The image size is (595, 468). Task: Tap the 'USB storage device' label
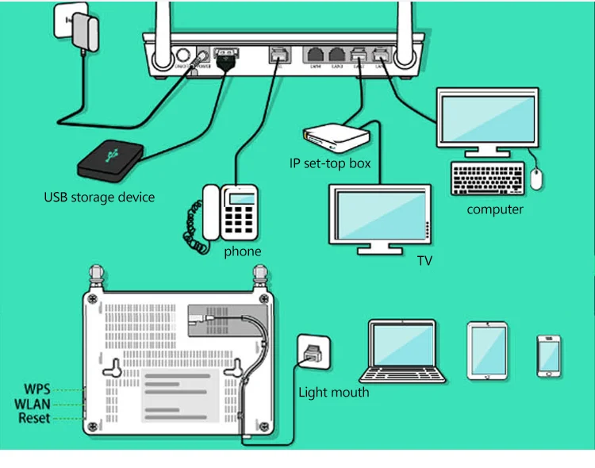(x=99, y=197)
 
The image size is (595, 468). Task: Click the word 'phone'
(x=242, y=251)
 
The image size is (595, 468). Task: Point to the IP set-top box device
(x=337, y=137)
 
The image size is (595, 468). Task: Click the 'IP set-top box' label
(x=331, y=164)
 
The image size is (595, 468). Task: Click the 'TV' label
(x=424, y=260)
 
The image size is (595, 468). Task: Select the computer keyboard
(x=487, y=179)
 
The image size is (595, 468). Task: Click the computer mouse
(x=537, y=179)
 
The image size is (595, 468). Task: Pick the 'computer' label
(x=495, y=209)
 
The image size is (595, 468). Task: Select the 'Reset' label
(x=35, y=418)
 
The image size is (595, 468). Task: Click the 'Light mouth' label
(x=333, y=392)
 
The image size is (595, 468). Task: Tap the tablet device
(x=486, y=349)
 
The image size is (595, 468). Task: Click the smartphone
(x=549, y=356)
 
